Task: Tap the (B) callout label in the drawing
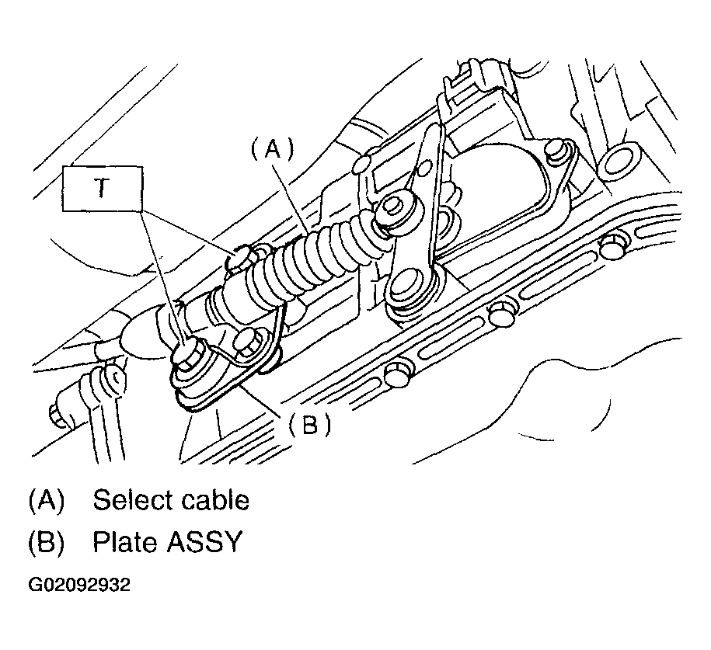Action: (x=309, y=425)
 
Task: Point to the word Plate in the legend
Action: (x=124, y=541)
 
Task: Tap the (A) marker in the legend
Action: (x=45, y=500)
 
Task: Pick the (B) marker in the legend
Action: (x=45, y=541)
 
